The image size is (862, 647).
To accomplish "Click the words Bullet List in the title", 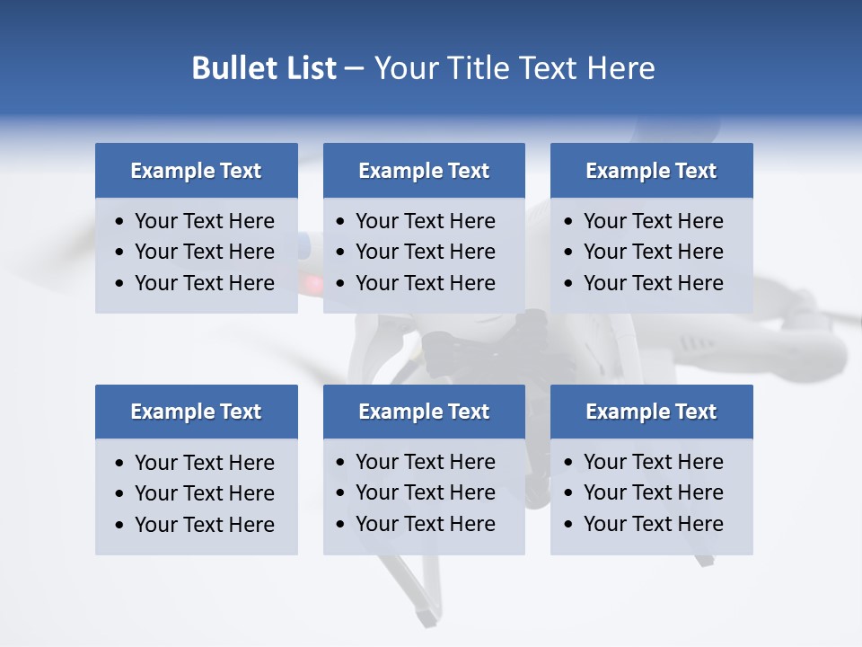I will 264,68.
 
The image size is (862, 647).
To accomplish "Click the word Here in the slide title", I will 620,68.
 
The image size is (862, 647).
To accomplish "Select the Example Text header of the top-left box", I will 196,171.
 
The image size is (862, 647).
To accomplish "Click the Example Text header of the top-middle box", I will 424,171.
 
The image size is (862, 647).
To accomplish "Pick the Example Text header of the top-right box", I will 651,171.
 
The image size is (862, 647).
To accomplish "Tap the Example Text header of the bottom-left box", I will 196,412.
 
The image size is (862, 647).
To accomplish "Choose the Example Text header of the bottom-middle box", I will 424,412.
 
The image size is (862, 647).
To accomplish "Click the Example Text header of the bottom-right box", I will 651,412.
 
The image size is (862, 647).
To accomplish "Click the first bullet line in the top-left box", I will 204,221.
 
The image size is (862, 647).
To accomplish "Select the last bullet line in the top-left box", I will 204,283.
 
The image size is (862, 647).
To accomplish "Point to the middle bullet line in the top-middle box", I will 425,252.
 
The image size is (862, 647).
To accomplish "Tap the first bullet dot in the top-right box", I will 569,222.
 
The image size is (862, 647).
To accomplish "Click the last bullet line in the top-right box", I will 653,283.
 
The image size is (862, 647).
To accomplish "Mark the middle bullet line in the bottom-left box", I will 204,493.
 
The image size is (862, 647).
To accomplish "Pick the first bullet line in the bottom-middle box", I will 425,462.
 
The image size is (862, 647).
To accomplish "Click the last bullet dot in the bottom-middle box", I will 341,525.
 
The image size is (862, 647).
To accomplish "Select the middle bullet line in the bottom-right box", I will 653,492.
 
